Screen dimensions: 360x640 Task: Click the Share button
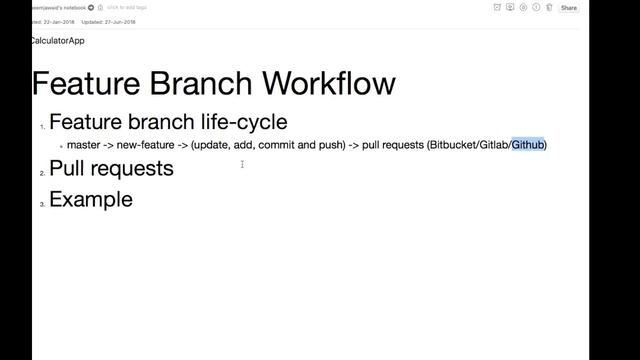click(x=568, y=8)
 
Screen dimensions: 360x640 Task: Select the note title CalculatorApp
click(x=57, y=41)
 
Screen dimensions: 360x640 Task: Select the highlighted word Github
click(x=528, y=145)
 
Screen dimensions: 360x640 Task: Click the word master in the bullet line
click(x=83, y=145)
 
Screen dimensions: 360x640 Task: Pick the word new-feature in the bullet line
click(x=145, y=145)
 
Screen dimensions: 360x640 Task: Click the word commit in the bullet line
click(x=276, y=145)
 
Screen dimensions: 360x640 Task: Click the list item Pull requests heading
click(x=111, y=168)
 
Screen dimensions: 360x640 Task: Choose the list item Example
click(x=90, y=199)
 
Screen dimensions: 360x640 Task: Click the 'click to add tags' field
click(x=127, y=7)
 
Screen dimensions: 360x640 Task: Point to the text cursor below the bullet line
click(x=242, y=164)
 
